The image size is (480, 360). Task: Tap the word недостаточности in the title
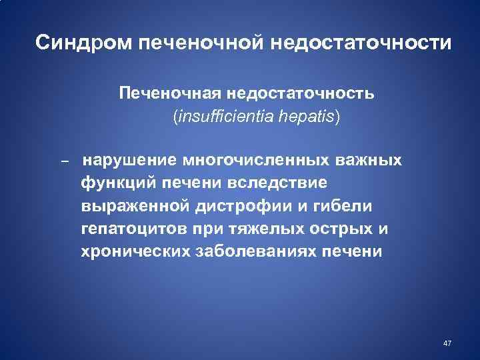pyautogui.click(x=361, y=44)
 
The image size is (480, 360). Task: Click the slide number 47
pyautogui.click(x=447, y=343)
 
